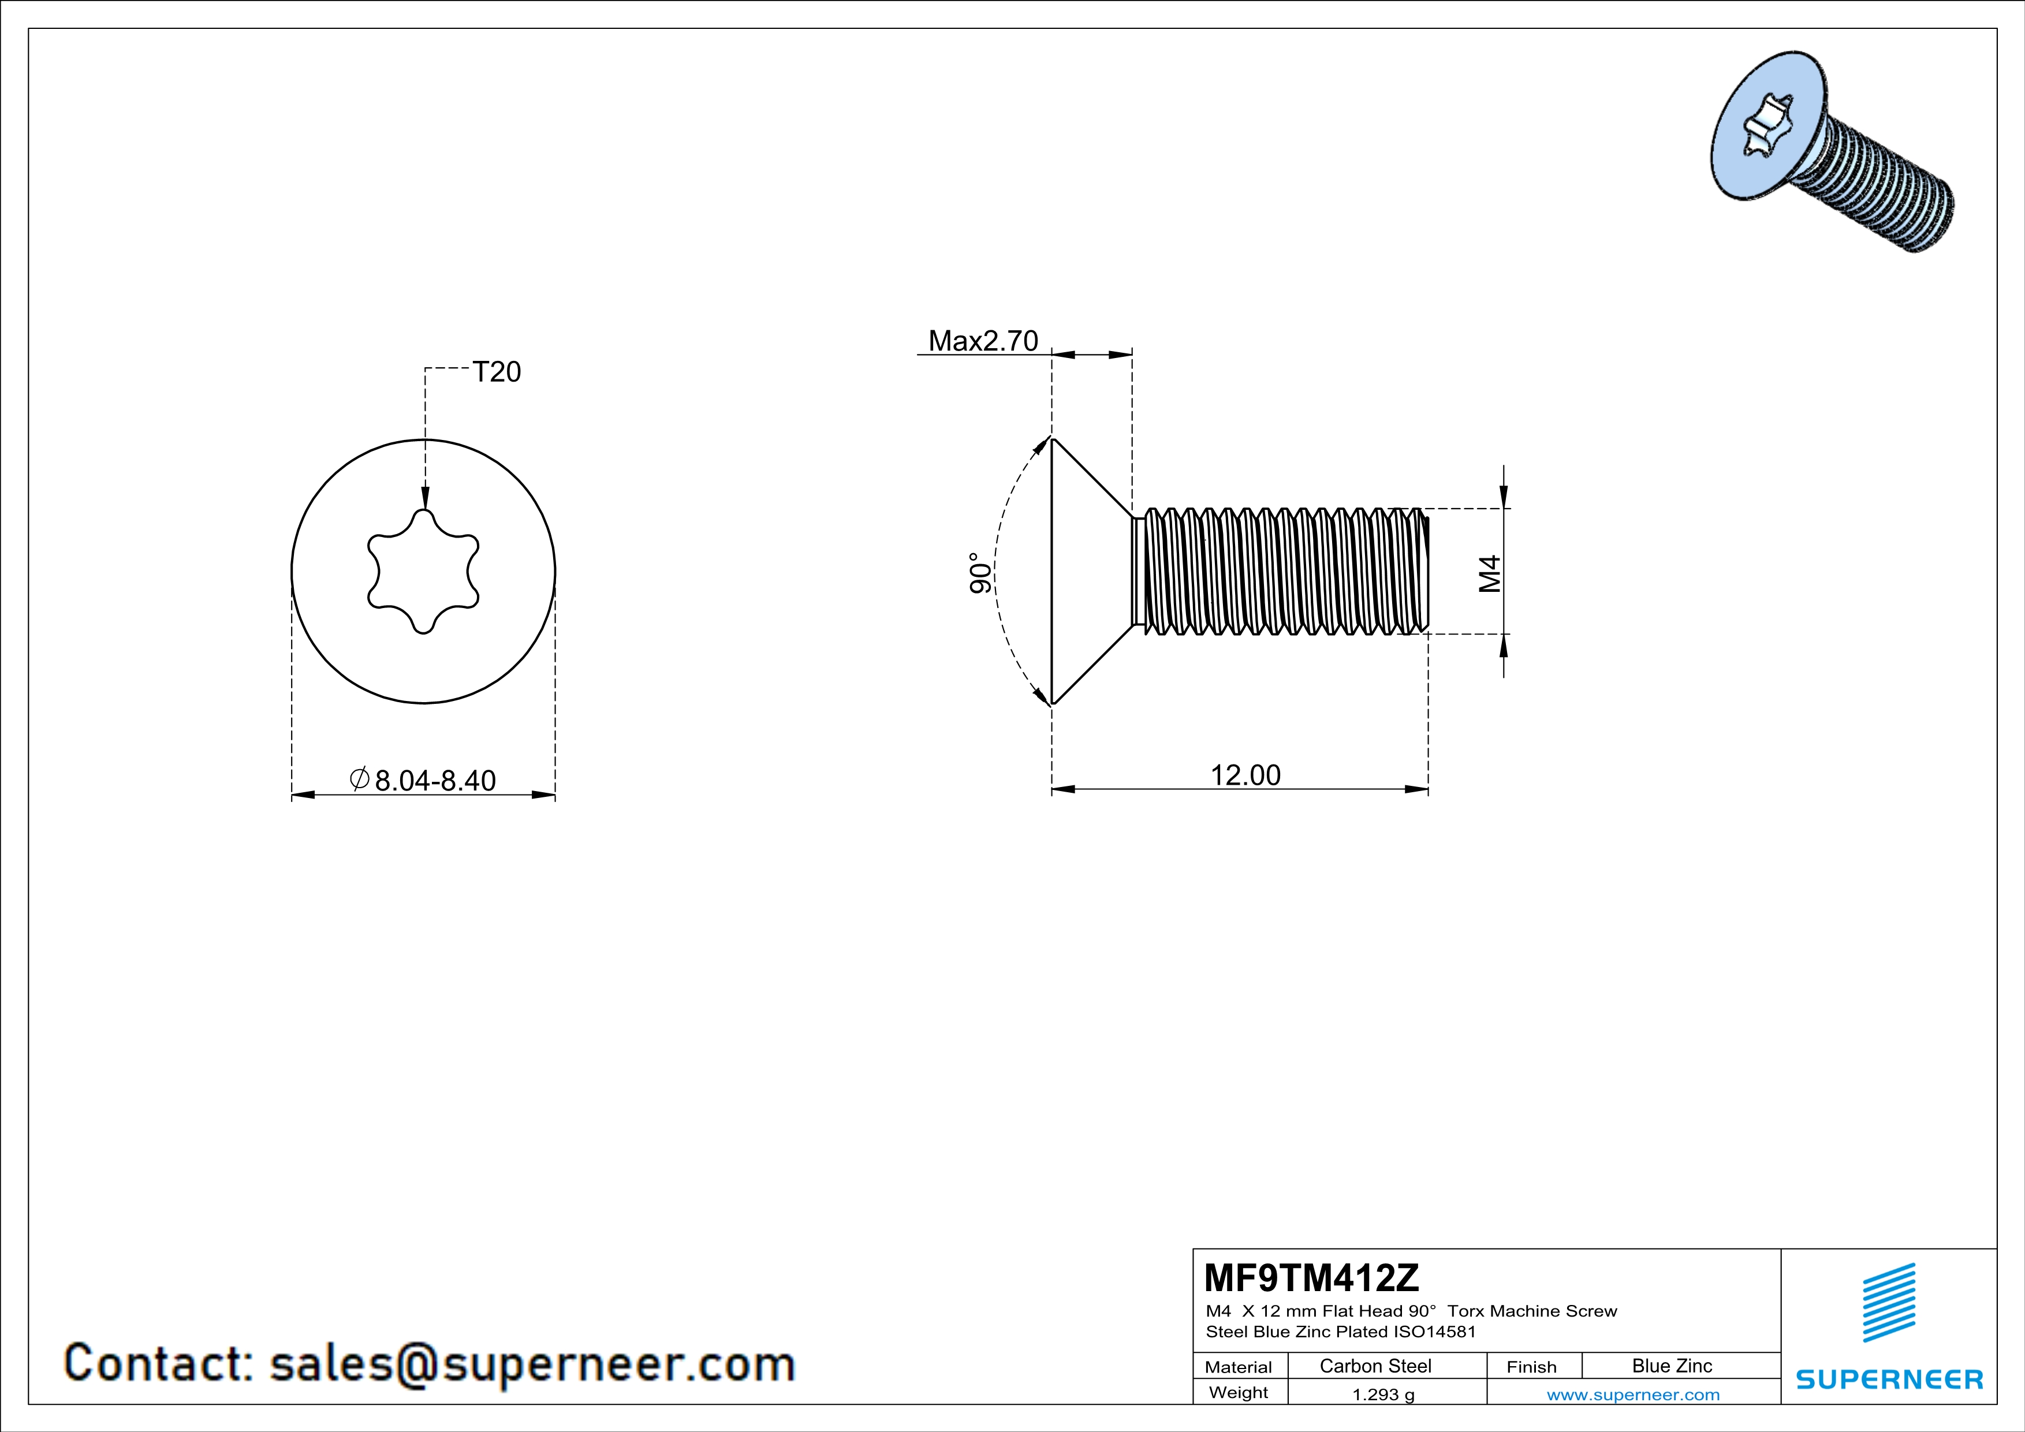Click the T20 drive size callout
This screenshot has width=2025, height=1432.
(497, 372)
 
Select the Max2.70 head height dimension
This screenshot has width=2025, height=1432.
(983, 340)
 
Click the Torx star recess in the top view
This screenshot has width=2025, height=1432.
(423, 572)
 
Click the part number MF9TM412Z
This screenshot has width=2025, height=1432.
(1311, 1277)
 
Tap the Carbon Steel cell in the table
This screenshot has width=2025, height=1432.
(1375, 1366)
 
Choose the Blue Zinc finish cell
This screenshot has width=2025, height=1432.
(1671, 1366)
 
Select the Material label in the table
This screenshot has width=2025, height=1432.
(1239, 1367)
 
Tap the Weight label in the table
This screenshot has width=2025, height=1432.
(1239, 1392)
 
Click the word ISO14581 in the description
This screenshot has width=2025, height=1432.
(1433, 1332)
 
